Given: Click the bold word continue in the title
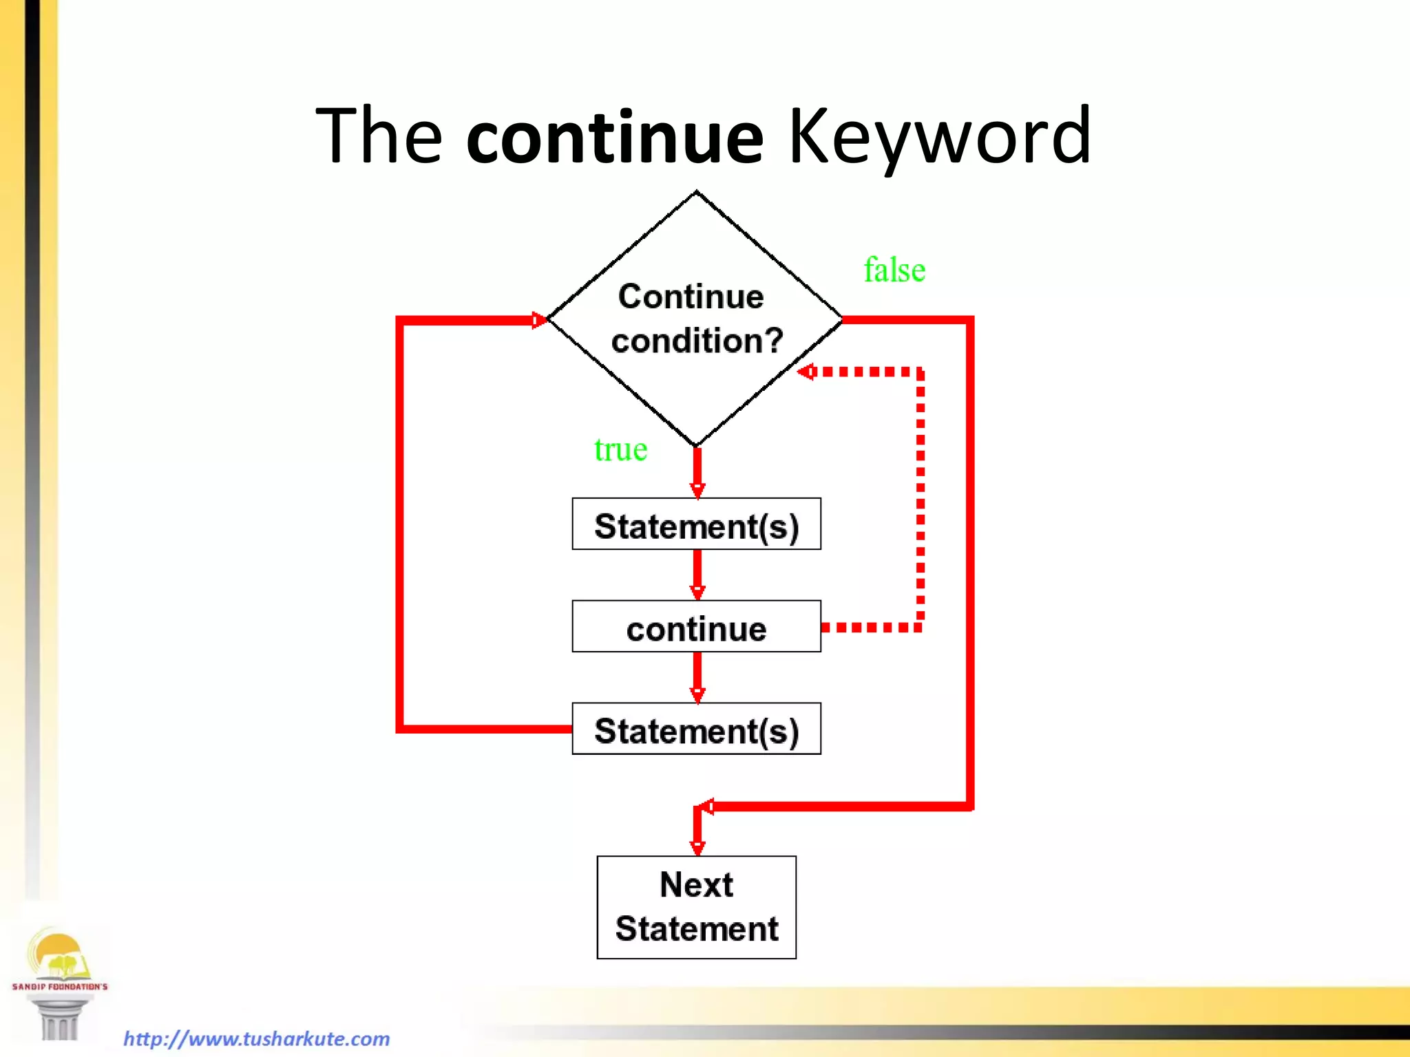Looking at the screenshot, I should click(615, 138).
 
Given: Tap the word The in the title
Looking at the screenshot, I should click(379, 137).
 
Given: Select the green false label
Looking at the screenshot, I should click(894, 270).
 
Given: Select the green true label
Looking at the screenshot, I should click(620, 450).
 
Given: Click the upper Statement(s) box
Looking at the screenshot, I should click(696, 524).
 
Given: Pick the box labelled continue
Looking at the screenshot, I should click(696, 627).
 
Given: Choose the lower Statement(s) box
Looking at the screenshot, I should click(696, 729).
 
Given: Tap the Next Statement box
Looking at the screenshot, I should click(696, 908).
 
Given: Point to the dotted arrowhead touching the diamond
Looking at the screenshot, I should click(806, 372).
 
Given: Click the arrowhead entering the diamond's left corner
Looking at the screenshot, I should click(538, 320).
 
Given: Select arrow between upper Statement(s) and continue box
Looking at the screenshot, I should click(697, 575).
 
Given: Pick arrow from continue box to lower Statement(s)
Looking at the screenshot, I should click(697, 677).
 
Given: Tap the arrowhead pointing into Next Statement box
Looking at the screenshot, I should click(697, 847).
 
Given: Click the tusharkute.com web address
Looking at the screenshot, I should click(257, 1038).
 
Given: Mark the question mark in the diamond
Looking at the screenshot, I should click(773, 341).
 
